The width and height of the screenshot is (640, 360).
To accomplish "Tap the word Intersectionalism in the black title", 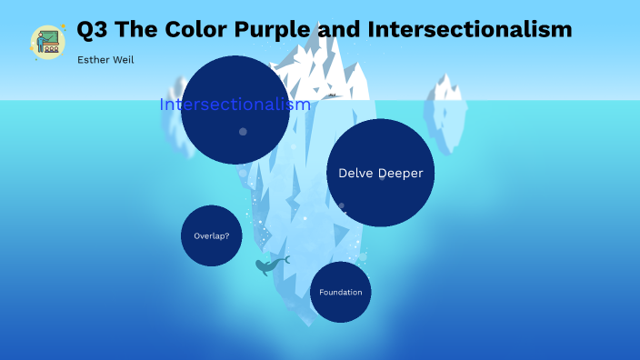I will point(470,30).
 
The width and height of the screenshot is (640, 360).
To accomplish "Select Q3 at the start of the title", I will point(93,30).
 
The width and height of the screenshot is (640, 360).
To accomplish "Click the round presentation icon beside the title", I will point(47,42).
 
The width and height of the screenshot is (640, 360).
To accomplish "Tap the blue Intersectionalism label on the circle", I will point(235,105).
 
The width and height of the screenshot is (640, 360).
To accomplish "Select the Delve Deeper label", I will point(380,173).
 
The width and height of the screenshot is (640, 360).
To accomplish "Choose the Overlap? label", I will point(211,236).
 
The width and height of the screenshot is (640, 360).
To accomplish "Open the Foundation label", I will point(340,293).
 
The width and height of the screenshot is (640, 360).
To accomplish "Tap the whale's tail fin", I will point(285,260).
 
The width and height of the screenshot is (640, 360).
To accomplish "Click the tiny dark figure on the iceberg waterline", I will point(333,95).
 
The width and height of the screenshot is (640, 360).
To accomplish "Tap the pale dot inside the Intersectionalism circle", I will point(243,132).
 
